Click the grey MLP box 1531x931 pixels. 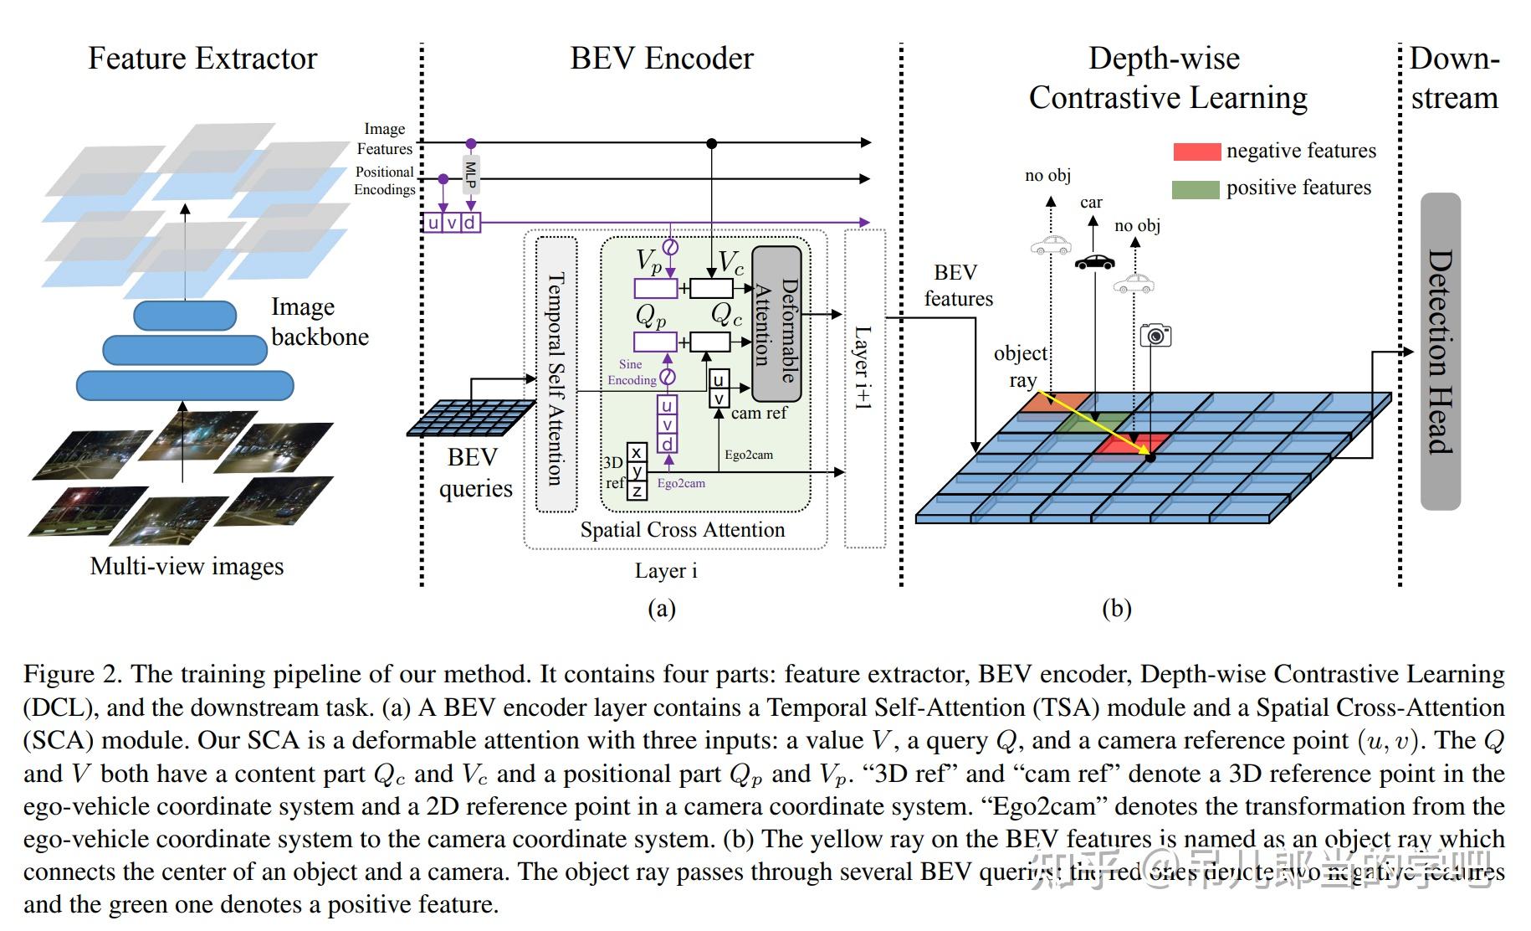point(471,174)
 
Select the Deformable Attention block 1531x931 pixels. point(777,324)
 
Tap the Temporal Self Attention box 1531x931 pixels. point(556,374)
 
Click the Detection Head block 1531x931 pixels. point(1440,352)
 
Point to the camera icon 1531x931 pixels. point(1155,336)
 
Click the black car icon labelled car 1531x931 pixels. point(1094,262)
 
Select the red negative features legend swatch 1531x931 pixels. point(1196,152)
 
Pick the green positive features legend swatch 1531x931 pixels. point(1196,189)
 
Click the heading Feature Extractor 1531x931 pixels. point(202,59)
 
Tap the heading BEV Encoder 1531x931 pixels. point(661,59)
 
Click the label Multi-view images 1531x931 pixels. point(187,567)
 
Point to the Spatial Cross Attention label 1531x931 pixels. point(682,530)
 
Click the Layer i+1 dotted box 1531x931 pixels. point(864,389)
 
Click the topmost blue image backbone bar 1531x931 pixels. point(185,315)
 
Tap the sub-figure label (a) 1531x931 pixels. point(661,609)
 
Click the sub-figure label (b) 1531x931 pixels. point(1117,609)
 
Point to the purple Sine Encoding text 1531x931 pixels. point(632,372)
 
